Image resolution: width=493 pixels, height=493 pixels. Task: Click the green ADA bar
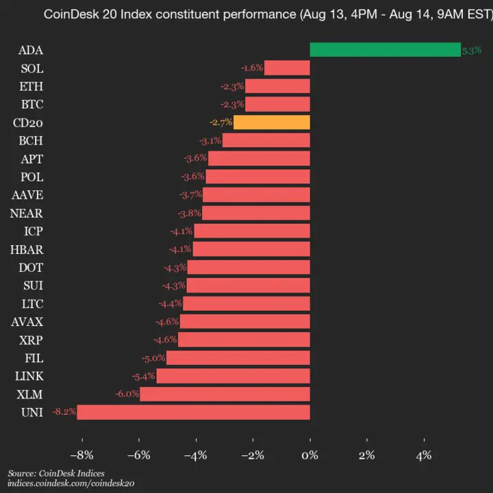tap(385, 50)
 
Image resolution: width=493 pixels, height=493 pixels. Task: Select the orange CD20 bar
tap(272, 123)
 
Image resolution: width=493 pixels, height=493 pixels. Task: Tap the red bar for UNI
tap(193, 412)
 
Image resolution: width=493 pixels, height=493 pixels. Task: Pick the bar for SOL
tap(287, 68)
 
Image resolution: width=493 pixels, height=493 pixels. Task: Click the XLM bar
tap(225, 394)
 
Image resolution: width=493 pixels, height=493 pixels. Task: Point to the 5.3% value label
tap(472, 51)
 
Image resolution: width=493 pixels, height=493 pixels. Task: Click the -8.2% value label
tap(63, 412)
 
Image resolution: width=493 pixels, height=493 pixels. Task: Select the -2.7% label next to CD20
tap(220, 123)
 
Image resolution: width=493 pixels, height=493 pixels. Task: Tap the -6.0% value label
tap(127, 394)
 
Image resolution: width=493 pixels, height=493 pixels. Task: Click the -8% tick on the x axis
tap(82, 455)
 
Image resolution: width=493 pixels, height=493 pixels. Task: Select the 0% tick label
tap(310, 455)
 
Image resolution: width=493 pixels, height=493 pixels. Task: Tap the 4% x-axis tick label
tap(424, 455)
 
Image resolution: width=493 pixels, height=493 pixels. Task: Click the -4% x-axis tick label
tap(196, 455)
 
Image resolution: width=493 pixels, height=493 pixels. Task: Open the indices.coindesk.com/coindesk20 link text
tap(71, 483)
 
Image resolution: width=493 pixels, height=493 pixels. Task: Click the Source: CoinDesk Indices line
tap(56, 473)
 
